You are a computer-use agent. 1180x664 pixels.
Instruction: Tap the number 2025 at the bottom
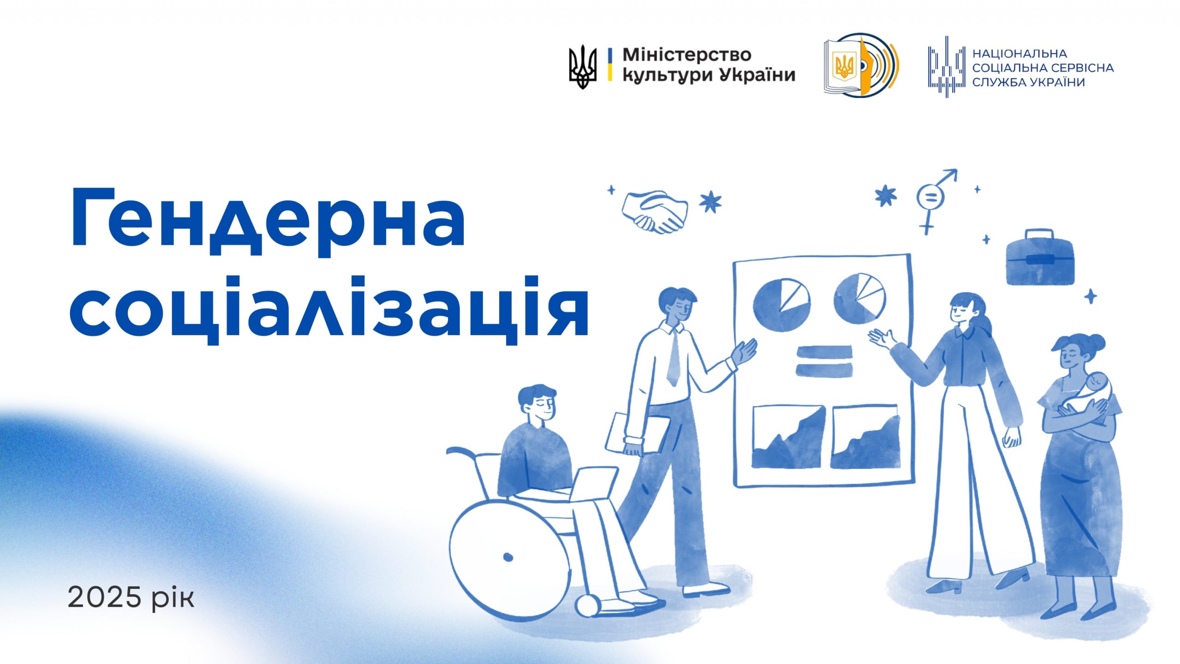pos(104,598)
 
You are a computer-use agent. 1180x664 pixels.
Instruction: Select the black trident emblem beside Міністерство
pos(583,67)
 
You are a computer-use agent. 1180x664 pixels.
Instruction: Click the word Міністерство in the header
pos(687,55)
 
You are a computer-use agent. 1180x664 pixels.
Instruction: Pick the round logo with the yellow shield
pos(861,65)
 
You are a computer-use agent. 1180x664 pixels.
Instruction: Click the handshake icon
pos(655,211)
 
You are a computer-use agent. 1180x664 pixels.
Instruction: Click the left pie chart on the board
pos(781,305)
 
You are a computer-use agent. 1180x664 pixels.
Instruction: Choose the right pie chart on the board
pos(860,298)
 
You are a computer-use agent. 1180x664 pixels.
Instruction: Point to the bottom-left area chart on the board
pos(788,437)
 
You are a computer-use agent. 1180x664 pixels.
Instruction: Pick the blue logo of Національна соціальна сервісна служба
pos(947,67)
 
